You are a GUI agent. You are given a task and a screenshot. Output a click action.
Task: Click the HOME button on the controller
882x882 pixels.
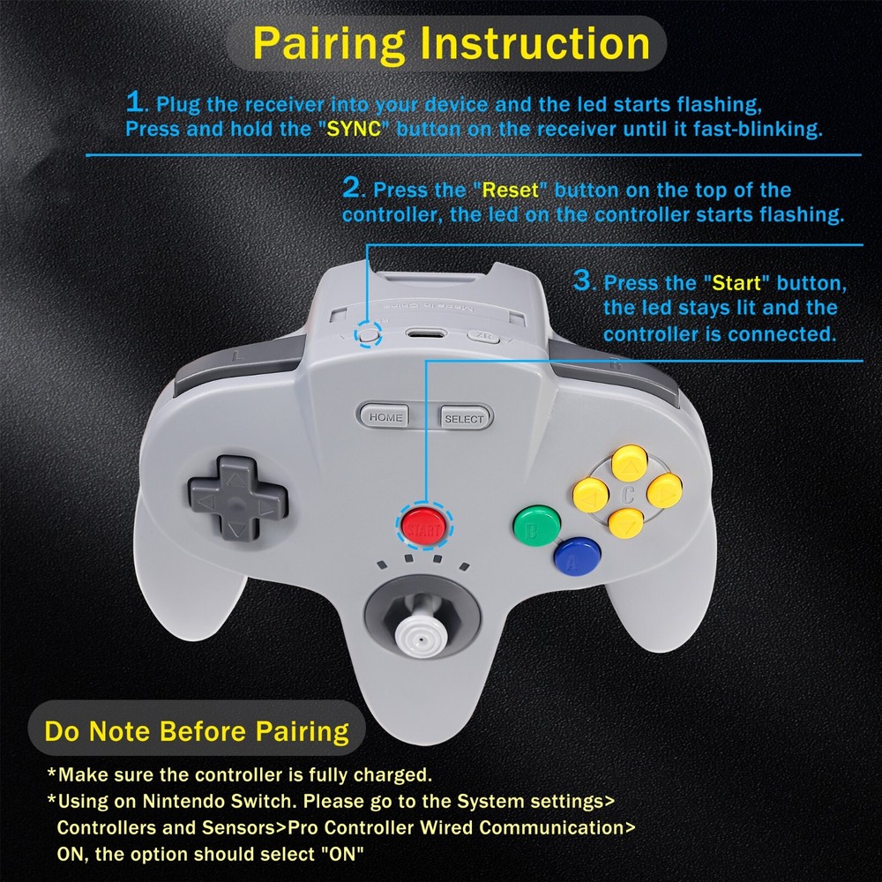386,417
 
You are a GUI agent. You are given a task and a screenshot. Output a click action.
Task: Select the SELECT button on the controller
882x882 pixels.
464,418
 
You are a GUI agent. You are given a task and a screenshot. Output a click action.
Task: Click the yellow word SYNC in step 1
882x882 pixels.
357,128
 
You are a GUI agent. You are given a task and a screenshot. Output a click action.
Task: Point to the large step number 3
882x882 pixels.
582,281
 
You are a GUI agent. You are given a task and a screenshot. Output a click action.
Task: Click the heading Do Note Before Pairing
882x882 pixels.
197,730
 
